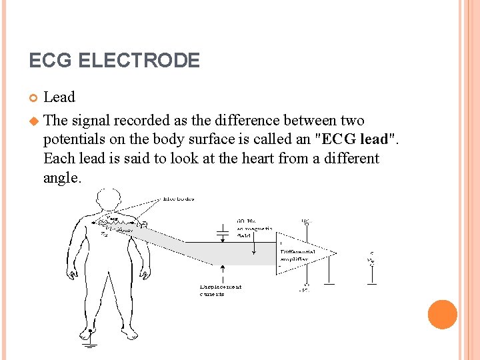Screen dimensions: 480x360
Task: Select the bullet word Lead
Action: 59,97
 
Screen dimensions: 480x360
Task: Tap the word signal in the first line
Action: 91,121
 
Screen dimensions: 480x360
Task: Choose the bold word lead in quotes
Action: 375,139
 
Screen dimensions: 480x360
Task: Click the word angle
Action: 61,178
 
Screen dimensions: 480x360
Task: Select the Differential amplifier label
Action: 293,254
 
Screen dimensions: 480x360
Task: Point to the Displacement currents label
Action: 221,290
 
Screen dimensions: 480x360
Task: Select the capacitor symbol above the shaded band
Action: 223,233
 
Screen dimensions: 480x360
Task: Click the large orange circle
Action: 442,314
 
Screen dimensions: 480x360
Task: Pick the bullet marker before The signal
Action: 33,121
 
